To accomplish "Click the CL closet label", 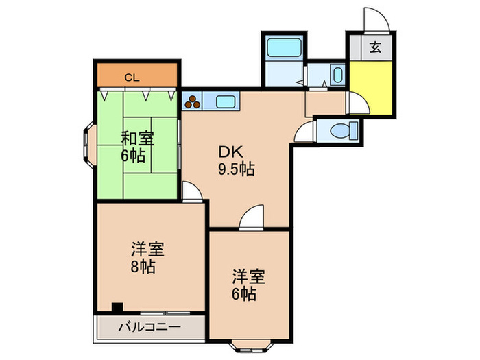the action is pyautogui.click(x=132, y=77).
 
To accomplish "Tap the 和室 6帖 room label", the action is pyautogui.click(x=137, y=147).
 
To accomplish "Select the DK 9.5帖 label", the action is pyautogui.click(x=236, y=160).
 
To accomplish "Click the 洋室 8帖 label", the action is pyautogui.click(x=147, y=257).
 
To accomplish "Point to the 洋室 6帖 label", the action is pyautogui.click(x=248, y=285).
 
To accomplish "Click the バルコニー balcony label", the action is pyautogui.click(x=149, y=327).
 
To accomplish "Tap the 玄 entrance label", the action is pyautogui.click(x=375, y=47).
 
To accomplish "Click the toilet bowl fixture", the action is pyautogui.click(x=344, y=131).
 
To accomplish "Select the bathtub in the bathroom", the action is pyautogui.click(x=283, y=47).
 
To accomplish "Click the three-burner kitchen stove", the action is pyautogui.click(x=192, y=101).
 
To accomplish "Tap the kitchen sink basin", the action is pyautogui.click(x=226, y=101).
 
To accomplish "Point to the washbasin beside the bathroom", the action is pyautogui.click(x=337, y=74).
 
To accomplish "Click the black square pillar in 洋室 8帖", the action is pyautogui.click(x=117, y=307).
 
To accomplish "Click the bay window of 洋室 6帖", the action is pyautogui.click(x=251, y=346).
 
